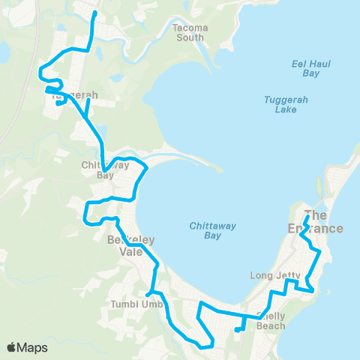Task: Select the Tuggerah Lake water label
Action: [x=286, y=104]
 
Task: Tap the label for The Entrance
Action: [x=323, y=221]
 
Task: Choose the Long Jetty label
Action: [x=275, y=276]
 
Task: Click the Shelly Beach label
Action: [x=270, y=321]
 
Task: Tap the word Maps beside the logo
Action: [x=34, y=347]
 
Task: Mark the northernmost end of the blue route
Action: [x=94, y=13]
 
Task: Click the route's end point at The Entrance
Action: [x=308, y=217]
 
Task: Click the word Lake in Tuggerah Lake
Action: [x=286, y=109]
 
